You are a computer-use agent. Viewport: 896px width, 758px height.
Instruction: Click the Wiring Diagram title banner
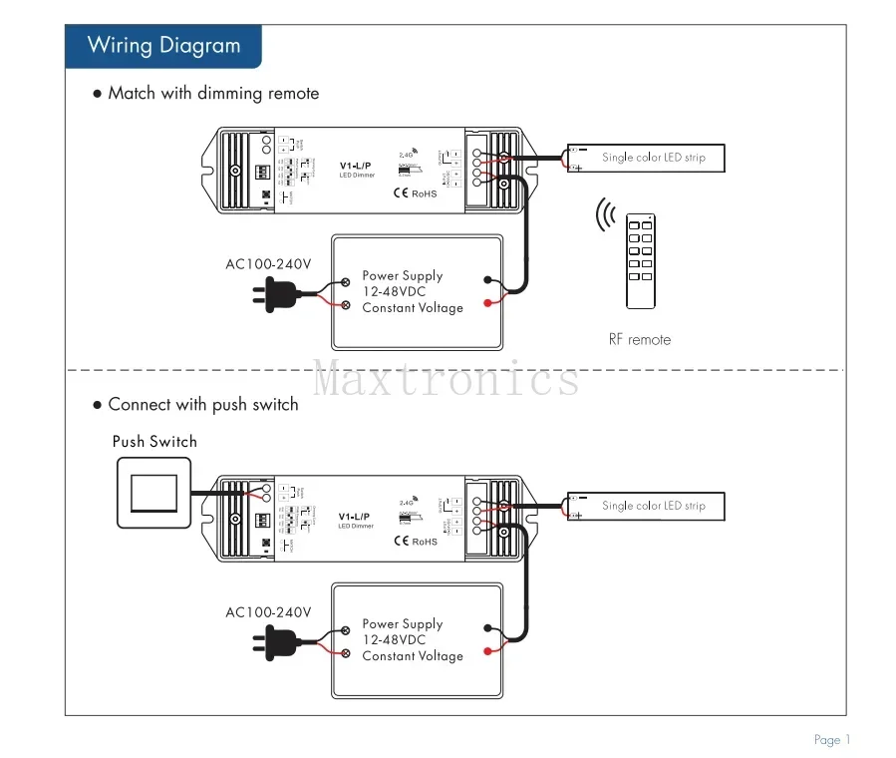(163, 45)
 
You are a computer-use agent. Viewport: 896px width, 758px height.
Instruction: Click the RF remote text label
(640, 339)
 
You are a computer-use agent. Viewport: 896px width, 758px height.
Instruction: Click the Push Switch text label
(154, 441)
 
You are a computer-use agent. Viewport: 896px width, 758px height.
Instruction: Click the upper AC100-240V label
(268, 264)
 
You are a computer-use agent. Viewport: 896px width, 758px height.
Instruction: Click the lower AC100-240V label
(268, 612)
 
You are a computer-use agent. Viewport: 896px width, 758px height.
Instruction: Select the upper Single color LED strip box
(644, 158)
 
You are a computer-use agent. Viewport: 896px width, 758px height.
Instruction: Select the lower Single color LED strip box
(644, 506)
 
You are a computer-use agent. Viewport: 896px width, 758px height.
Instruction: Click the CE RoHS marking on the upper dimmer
(416, 192)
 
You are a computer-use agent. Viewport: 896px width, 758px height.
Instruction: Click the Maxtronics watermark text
(448, 379)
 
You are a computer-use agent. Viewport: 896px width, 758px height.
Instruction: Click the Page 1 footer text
(832, 739)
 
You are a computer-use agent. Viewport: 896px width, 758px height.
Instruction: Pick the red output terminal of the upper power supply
(487, 302)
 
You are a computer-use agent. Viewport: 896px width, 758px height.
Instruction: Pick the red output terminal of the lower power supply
(487, 650)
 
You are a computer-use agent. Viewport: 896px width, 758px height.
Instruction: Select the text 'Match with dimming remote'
(213, 94)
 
